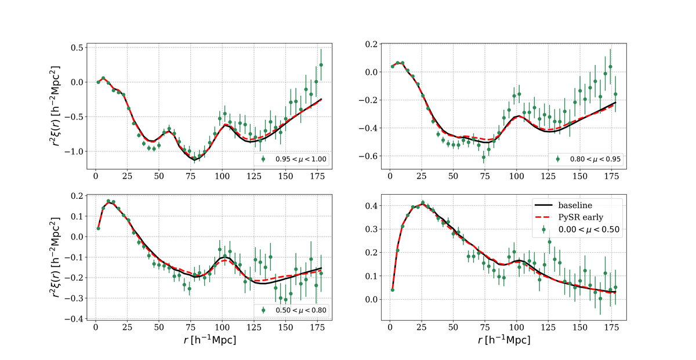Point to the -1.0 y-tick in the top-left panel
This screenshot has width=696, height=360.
74,151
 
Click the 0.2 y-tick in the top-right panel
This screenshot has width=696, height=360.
372,44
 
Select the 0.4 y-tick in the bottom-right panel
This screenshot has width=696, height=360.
372,206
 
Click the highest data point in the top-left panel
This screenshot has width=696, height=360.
321,65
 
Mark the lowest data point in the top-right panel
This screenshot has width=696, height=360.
484,157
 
